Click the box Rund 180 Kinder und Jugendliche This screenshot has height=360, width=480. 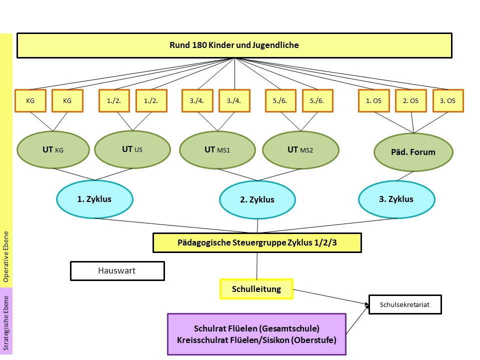[234, 45]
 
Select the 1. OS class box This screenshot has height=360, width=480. [373, 100]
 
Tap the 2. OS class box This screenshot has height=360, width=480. [410, 100]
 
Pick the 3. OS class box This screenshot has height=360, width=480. [447, 100]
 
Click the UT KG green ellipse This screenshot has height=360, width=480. [53, 149]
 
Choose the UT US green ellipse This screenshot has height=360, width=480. [132, 149]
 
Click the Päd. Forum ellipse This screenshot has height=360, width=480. [413, 152]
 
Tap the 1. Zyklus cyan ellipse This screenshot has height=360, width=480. [94, 199]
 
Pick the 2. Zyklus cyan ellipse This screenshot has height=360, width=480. [257, 200]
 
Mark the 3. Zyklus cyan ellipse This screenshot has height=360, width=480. [396, 199]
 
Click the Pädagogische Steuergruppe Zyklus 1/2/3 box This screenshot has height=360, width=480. [257, 243]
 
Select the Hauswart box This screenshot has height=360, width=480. [117, 271]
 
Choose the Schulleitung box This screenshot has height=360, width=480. [256, 289]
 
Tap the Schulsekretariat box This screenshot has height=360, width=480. [405, 304]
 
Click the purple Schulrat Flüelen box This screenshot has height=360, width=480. [256, 334]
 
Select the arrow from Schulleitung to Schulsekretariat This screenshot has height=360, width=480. [330, 296]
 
